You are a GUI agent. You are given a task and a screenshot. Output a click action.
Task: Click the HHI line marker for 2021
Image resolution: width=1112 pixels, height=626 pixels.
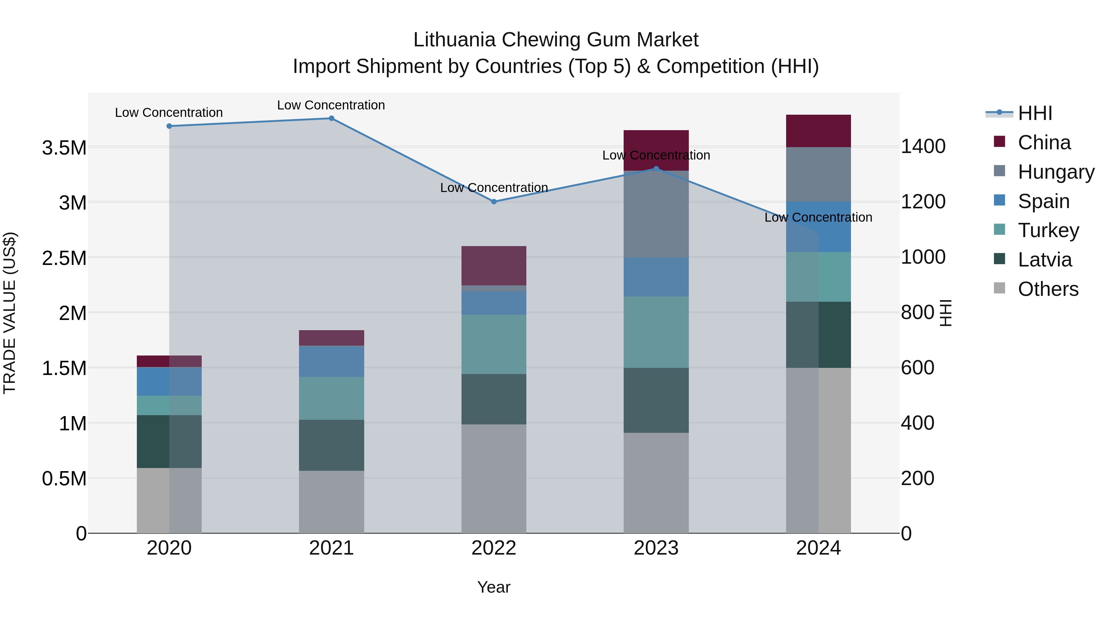tap(331, 118)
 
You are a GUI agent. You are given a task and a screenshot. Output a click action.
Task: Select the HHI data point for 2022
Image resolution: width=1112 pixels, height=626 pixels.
tap(494, 202)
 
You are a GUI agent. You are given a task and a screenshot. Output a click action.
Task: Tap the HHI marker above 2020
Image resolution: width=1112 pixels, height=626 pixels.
tap(169, 126)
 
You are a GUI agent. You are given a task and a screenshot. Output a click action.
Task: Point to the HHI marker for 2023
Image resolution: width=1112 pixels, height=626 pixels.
tap(656, 169)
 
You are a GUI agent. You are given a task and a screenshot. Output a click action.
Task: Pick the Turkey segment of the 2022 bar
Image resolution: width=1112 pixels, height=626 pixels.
tap(494, 344)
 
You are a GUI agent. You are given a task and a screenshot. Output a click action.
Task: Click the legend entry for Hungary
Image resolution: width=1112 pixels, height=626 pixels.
tap(1055, 172)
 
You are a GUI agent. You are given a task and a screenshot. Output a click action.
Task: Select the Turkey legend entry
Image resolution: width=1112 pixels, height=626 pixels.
tap(1048, 230)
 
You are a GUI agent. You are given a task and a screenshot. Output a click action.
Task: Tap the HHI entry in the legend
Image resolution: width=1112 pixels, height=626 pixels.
tap(1035, 114)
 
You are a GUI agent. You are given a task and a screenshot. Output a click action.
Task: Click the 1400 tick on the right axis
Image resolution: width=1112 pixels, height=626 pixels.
tap(923, 147)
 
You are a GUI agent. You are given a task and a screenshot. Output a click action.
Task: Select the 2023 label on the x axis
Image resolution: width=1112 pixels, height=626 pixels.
tap(656, 548)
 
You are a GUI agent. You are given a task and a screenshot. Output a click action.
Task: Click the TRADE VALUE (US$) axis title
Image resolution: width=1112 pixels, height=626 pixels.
tap(10, 313)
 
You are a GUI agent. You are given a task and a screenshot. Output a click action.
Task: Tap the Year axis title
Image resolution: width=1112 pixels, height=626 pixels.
tap(494, 587)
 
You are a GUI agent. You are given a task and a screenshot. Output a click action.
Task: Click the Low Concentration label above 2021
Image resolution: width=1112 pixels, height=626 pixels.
tap(331, 105)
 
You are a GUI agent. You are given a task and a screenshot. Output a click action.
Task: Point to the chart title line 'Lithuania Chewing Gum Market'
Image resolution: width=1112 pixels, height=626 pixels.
tap(556, 40)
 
